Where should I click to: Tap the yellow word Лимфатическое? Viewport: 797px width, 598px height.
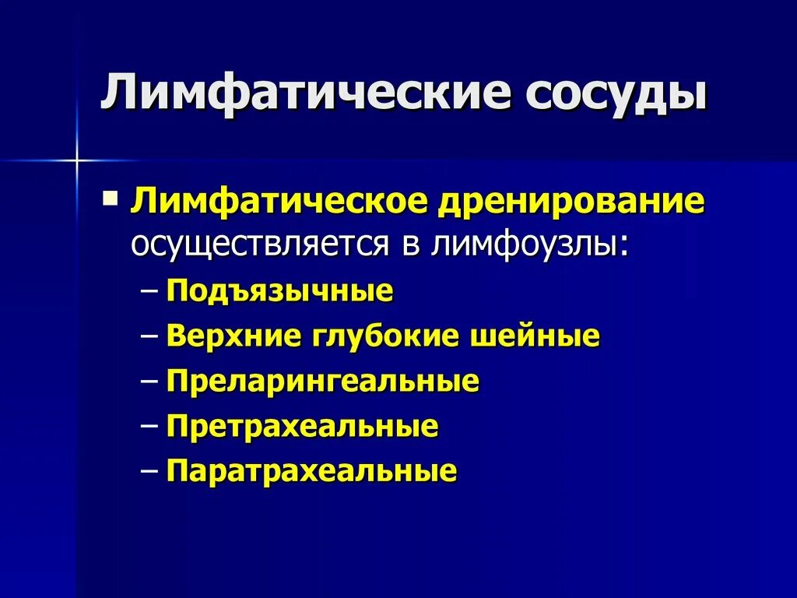point(278,202)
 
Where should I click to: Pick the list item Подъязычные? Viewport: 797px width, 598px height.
point(279,292)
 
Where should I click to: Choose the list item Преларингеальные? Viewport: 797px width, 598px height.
point(322,382)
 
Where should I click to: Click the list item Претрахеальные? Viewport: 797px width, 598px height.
point(302,427)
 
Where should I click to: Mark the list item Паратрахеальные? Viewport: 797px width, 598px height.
point(311,472)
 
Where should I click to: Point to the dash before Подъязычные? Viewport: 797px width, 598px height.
point(151,293)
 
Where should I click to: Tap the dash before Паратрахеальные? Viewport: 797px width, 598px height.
point(151,472)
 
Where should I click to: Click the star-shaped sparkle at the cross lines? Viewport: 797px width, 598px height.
point(77,161)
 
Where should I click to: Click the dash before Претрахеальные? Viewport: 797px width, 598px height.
point(151,427)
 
